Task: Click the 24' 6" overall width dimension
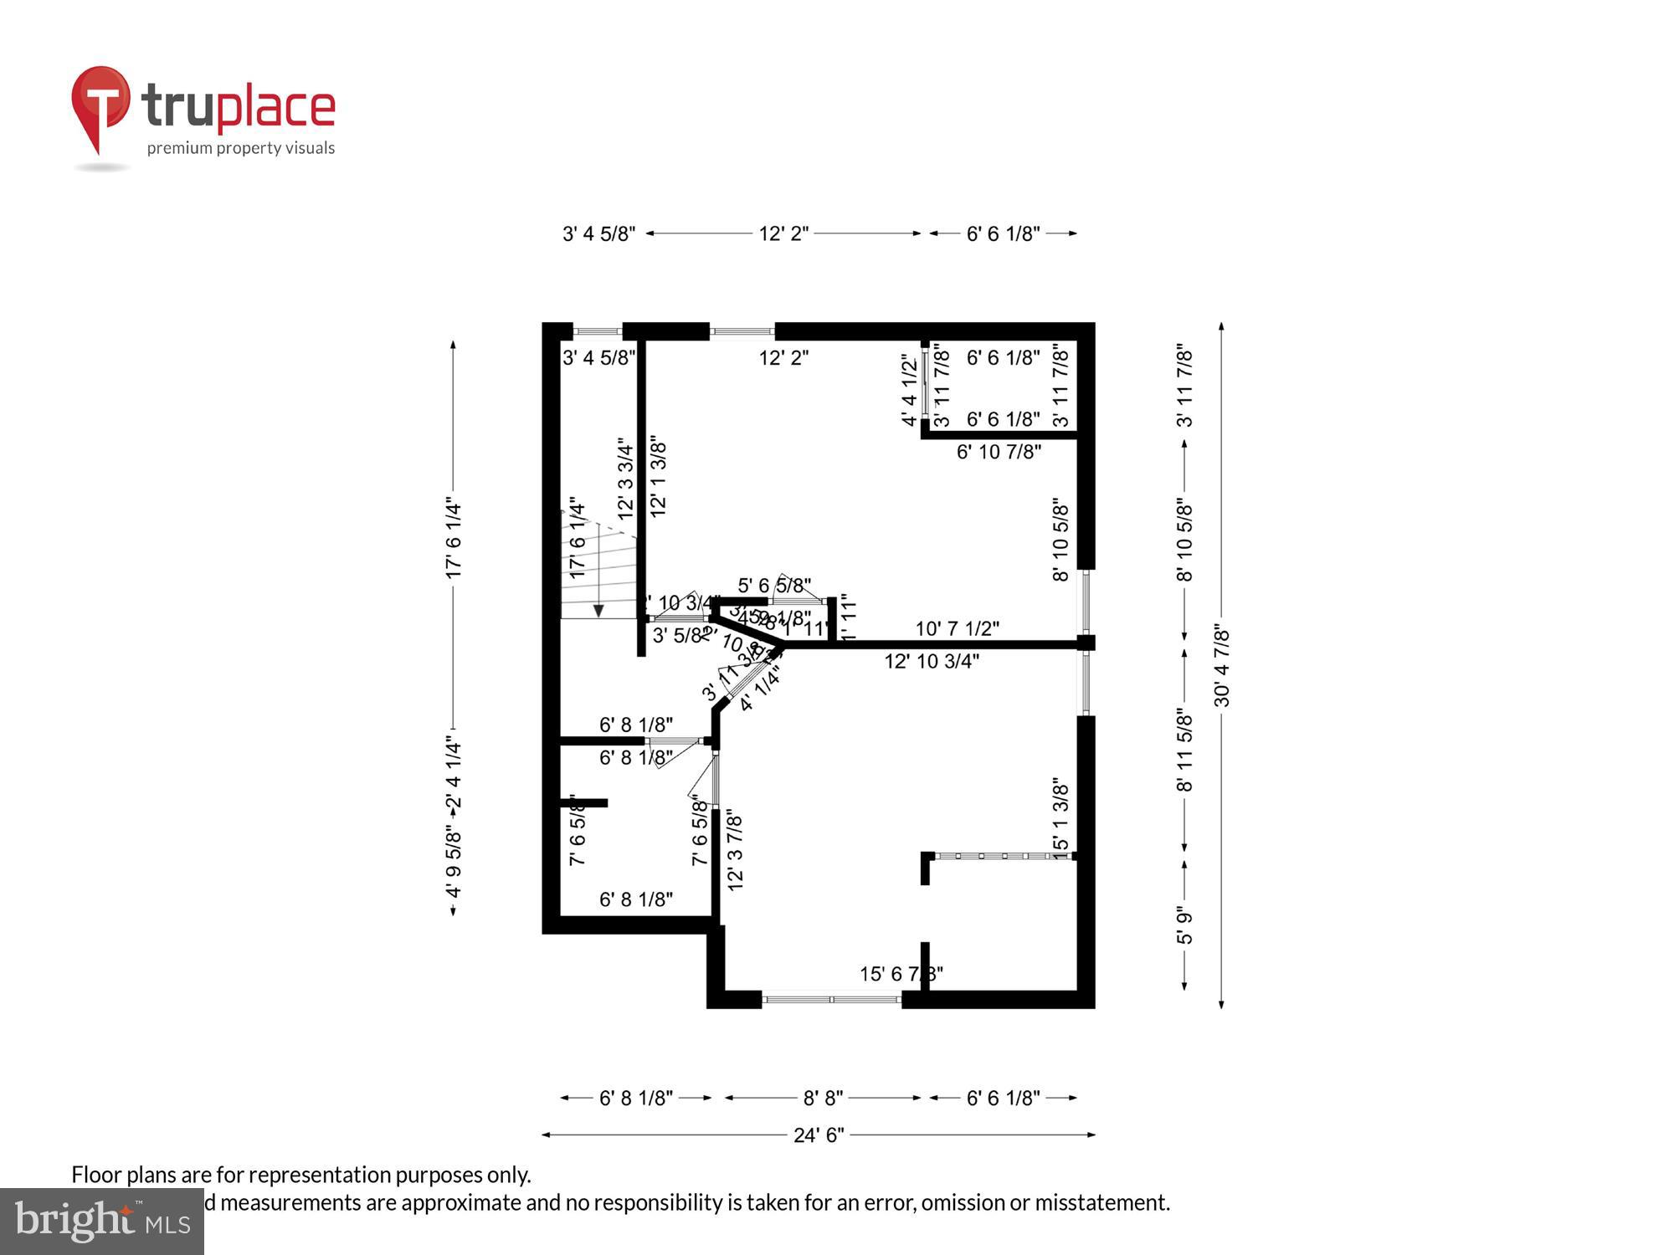coord(819,1135)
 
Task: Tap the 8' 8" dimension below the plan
coord(823,1098)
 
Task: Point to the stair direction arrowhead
coord(598,611)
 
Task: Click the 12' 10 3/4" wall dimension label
coord(932,662)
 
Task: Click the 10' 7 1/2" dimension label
coord(957,628)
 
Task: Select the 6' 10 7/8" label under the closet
coord(999,452)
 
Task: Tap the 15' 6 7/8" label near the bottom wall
coord(901,974)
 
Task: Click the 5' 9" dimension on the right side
coord(1184,925)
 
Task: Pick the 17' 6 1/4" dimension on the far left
coord(454,540)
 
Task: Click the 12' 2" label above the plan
coord(783,233)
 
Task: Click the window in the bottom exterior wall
coord(831,999)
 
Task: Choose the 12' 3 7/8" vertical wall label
coord(735,849)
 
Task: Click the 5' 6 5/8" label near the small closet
coord(774,585)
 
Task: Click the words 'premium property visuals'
coord(241,148)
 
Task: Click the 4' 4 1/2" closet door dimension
coord(910,390)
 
